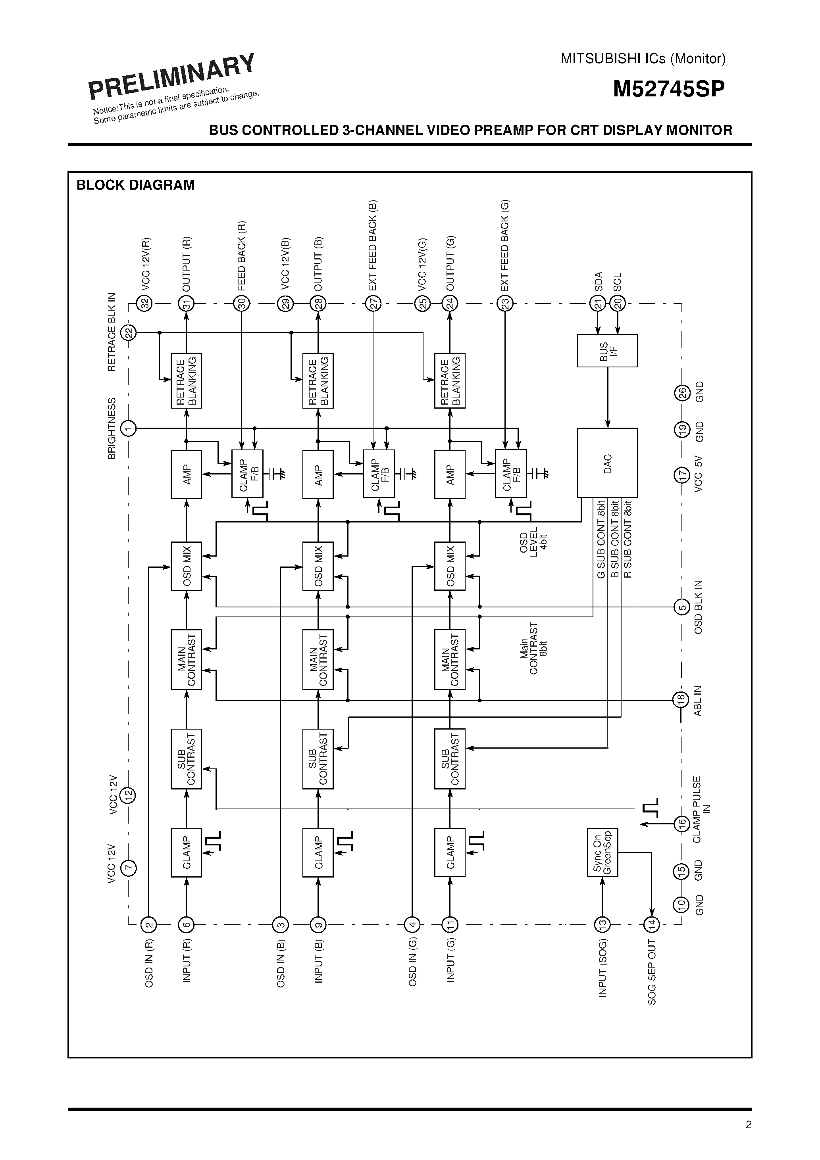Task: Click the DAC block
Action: coord(607,463)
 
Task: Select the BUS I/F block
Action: coord(607,351)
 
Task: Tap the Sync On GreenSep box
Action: coord(602,853)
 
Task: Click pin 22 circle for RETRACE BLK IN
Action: coord(129,332)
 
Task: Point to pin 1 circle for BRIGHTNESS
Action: coord(129,428)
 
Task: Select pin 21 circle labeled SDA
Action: coord(598,303)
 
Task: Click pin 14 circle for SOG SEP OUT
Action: coord(652,925)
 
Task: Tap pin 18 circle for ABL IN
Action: coord(681,700)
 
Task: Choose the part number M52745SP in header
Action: coord(668,89)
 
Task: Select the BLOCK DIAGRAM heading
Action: coord(135,185)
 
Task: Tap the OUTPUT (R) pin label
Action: coord(186,263)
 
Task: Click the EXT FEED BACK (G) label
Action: coord(504,246)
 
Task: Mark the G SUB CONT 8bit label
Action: coord(601,540)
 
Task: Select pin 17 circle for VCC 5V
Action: coord(681,475)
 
